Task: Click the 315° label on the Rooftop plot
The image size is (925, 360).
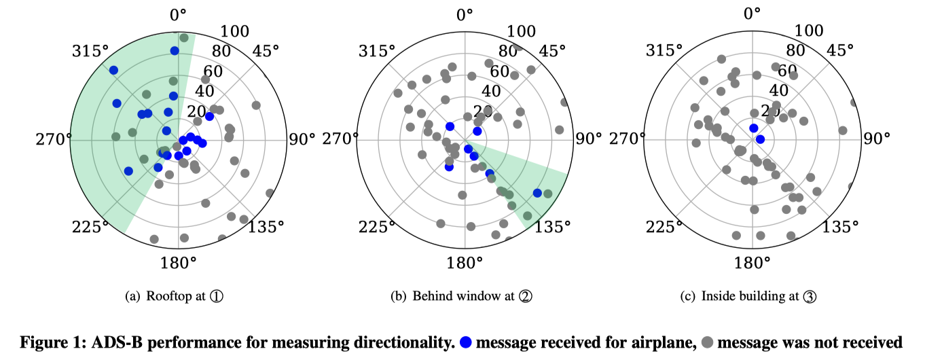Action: tap(92, 51)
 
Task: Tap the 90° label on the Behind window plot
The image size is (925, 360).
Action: tap(588, 139)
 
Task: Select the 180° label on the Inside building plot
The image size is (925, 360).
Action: tap(753, 263)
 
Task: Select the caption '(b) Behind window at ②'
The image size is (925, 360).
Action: tap(464, 296)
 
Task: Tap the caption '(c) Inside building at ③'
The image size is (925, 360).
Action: tap(751, 296)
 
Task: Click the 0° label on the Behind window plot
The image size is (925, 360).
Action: tap(465, 14)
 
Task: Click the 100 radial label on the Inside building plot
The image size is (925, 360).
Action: tap(809, 31)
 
